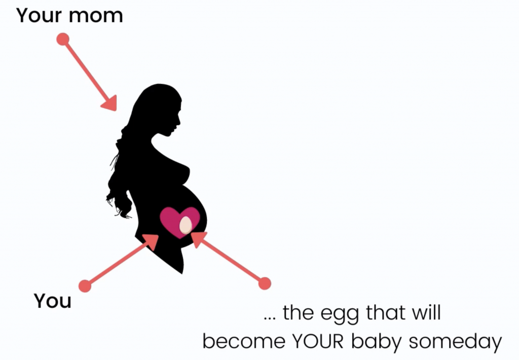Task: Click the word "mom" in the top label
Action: (96, 16)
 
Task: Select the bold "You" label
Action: (53, 301)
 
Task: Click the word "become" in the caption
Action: (244, 341)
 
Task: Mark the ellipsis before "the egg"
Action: (270, 319)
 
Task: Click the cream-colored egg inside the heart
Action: (186, 225)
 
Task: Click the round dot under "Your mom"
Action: (63, 40)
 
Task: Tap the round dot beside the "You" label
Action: (85, 286)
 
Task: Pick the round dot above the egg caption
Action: (265, 283)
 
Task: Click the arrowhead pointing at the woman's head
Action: (110, 103)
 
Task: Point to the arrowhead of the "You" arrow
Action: (152, 241)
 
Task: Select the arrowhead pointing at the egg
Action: (198, 239)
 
